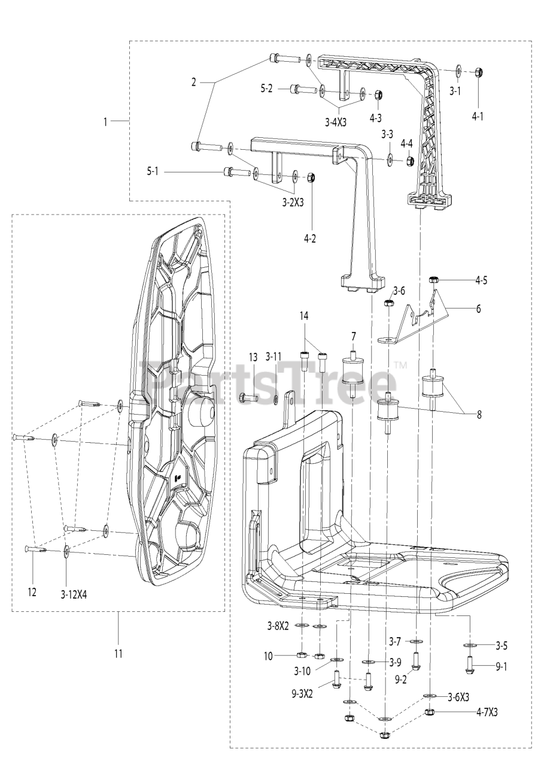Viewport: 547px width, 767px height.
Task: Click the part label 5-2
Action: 266,87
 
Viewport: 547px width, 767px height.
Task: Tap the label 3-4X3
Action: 336,122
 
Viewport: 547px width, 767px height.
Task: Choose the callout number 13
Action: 253,357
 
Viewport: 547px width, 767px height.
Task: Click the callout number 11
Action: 118,653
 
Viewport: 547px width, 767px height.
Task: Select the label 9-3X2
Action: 303,694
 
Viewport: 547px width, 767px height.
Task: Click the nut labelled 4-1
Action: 479,72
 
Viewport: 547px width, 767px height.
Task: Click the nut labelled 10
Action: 302,656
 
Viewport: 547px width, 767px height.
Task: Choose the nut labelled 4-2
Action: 311,177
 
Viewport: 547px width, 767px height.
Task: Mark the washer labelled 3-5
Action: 470,645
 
